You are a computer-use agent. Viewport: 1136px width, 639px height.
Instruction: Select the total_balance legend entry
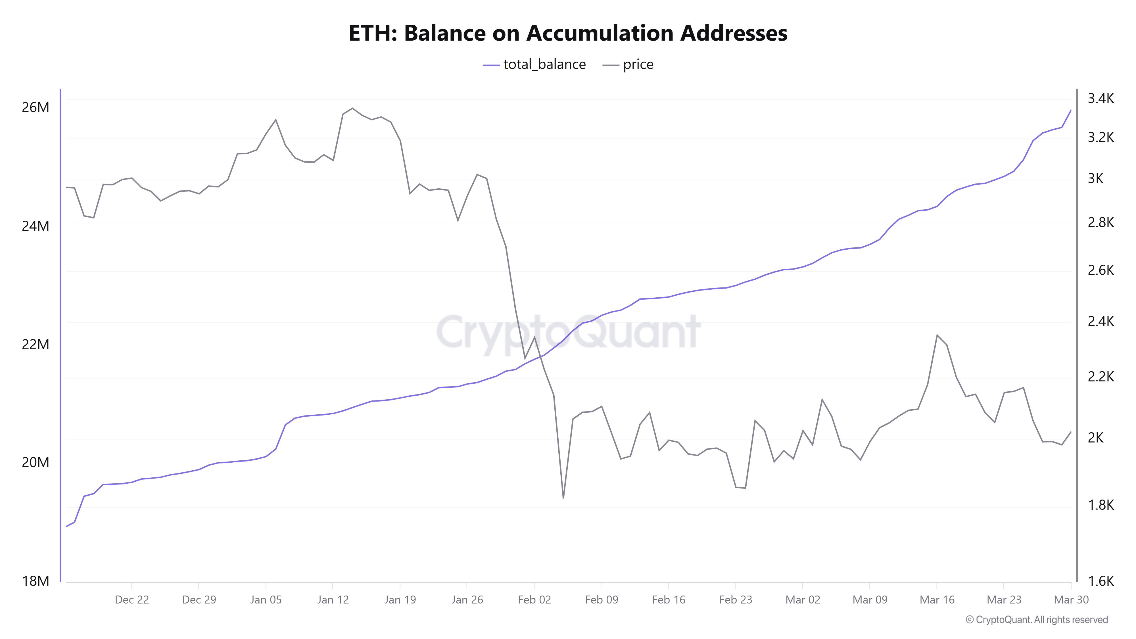click(534, 64)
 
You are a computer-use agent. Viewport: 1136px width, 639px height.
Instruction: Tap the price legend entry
click(628, 64)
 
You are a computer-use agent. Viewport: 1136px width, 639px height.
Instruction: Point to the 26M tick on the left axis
click(35, 107)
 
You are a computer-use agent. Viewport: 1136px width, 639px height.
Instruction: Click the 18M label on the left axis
click(35, 581)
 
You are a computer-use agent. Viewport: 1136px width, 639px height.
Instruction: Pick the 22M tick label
click(35, 344)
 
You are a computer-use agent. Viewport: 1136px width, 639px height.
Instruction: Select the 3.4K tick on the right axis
click(1101, 98)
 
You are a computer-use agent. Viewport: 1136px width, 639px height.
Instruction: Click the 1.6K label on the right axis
click(1101, 581)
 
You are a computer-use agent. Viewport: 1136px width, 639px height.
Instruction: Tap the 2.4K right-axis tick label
click(1101, 321)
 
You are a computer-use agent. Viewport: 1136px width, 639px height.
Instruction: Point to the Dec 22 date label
click(132, 600)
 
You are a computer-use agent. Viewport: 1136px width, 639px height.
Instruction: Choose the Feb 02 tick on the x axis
click(534, 600)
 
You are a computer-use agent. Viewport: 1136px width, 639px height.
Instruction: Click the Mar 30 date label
click(1071, 600)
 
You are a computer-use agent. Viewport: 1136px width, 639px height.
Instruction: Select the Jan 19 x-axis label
click(400, 600)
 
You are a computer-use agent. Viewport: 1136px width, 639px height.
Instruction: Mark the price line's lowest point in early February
click(563, 498)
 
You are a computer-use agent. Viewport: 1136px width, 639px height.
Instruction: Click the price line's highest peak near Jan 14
click(352, 108)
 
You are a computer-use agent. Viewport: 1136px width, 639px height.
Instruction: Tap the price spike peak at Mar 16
click(937, 335)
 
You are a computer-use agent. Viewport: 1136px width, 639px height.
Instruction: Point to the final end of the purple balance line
click(1071, 110)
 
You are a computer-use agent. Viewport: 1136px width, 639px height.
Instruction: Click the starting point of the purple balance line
click(66, 526)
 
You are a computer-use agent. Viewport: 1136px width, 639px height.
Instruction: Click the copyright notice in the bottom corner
click(1036, 620)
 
